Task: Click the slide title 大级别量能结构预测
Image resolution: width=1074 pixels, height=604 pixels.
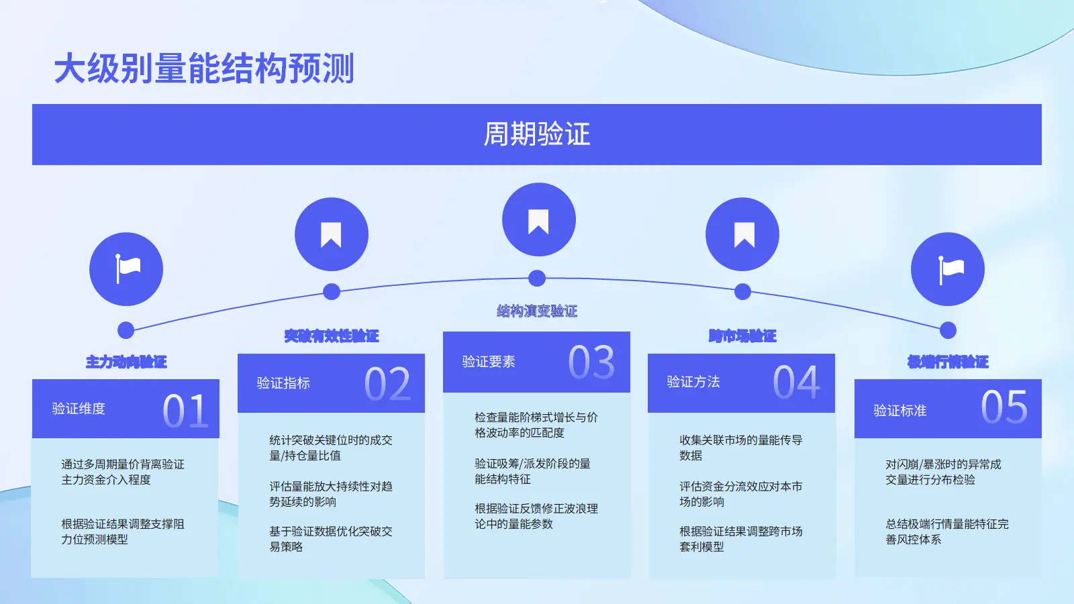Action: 204,68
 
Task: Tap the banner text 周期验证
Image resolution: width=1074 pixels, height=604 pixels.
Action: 536,134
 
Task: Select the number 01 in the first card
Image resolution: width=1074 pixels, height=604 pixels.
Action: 185,411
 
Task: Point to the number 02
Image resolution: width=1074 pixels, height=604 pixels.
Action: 387,385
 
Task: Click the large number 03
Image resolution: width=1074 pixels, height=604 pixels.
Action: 591,362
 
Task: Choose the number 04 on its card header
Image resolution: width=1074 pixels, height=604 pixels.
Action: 796,383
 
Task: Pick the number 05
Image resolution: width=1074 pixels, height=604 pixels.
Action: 1004,407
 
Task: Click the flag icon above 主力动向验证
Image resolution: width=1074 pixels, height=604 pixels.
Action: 126,269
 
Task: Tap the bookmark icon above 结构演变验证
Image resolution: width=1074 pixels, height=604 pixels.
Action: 538,220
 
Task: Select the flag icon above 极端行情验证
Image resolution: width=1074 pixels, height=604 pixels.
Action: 948,269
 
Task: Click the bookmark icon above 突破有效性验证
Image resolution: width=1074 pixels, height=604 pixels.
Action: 332,234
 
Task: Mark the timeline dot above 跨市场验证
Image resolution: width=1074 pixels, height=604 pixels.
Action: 742,291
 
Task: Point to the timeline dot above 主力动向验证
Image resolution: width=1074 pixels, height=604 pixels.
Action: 126,330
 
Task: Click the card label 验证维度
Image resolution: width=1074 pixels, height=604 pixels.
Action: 79,409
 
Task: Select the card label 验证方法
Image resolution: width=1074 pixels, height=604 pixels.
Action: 693,382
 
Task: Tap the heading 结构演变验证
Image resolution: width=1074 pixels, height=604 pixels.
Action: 537,311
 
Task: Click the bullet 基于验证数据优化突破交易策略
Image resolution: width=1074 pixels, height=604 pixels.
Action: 330,539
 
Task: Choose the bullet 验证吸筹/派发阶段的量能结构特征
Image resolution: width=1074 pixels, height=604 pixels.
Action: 532,471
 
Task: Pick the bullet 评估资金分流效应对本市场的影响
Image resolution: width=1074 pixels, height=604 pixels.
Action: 740,494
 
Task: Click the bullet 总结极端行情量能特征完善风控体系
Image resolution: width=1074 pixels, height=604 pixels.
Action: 946,532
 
